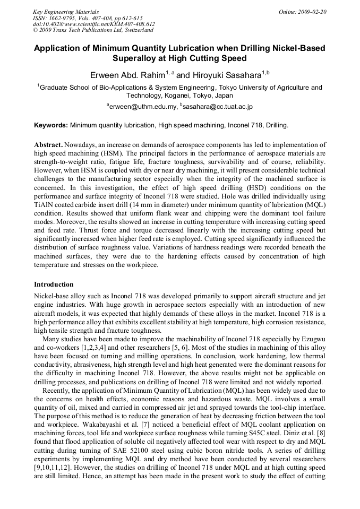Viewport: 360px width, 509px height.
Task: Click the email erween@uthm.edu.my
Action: tap(142, 106)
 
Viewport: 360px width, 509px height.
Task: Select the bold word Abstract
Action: tap(48, 144)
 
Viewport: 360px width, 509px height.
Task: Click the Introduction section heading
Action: tap(54, 284)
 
